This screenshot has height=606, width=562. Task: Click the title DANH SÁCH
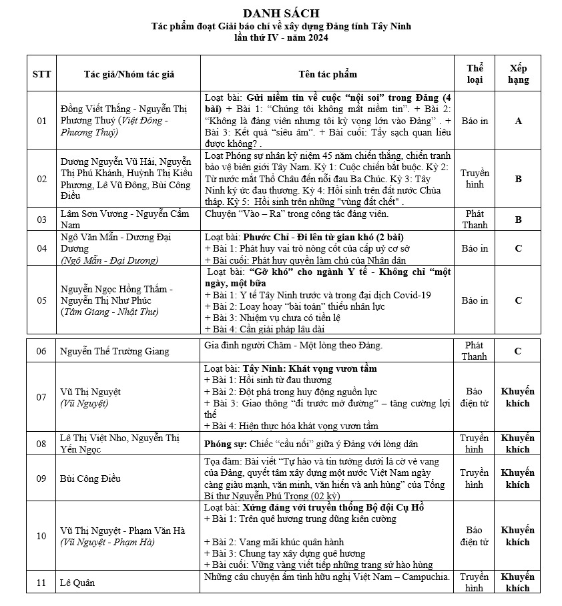click(281, 13)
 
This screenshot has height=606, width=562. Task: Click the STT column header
click(41, 73)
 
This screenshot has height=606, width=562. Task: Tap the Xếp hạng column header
click(518, 73)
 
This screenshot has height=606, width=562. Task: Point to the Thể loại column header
click(475, 73)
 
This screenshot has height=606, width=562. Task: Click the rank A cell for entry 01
click(518, 121)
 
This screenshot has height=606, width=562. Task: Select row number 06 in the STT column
click(41, 351)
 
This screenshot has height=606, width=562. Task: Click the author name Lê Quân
click(77, 583)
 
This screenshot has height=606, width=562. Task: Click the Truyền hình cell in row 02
click(475, 178)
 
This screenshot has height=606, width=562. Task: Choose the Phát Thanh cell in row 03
click(475, 220)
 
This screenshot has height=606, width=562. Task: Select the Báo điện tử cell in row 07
click(475, 397)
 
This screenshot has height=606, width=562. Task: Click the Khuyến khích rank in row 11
click(518, 583)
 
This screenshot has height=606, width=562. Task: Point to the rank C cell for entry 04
click(518, 248)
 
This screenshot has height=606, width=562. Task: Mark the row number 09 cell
click(41, 478)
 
